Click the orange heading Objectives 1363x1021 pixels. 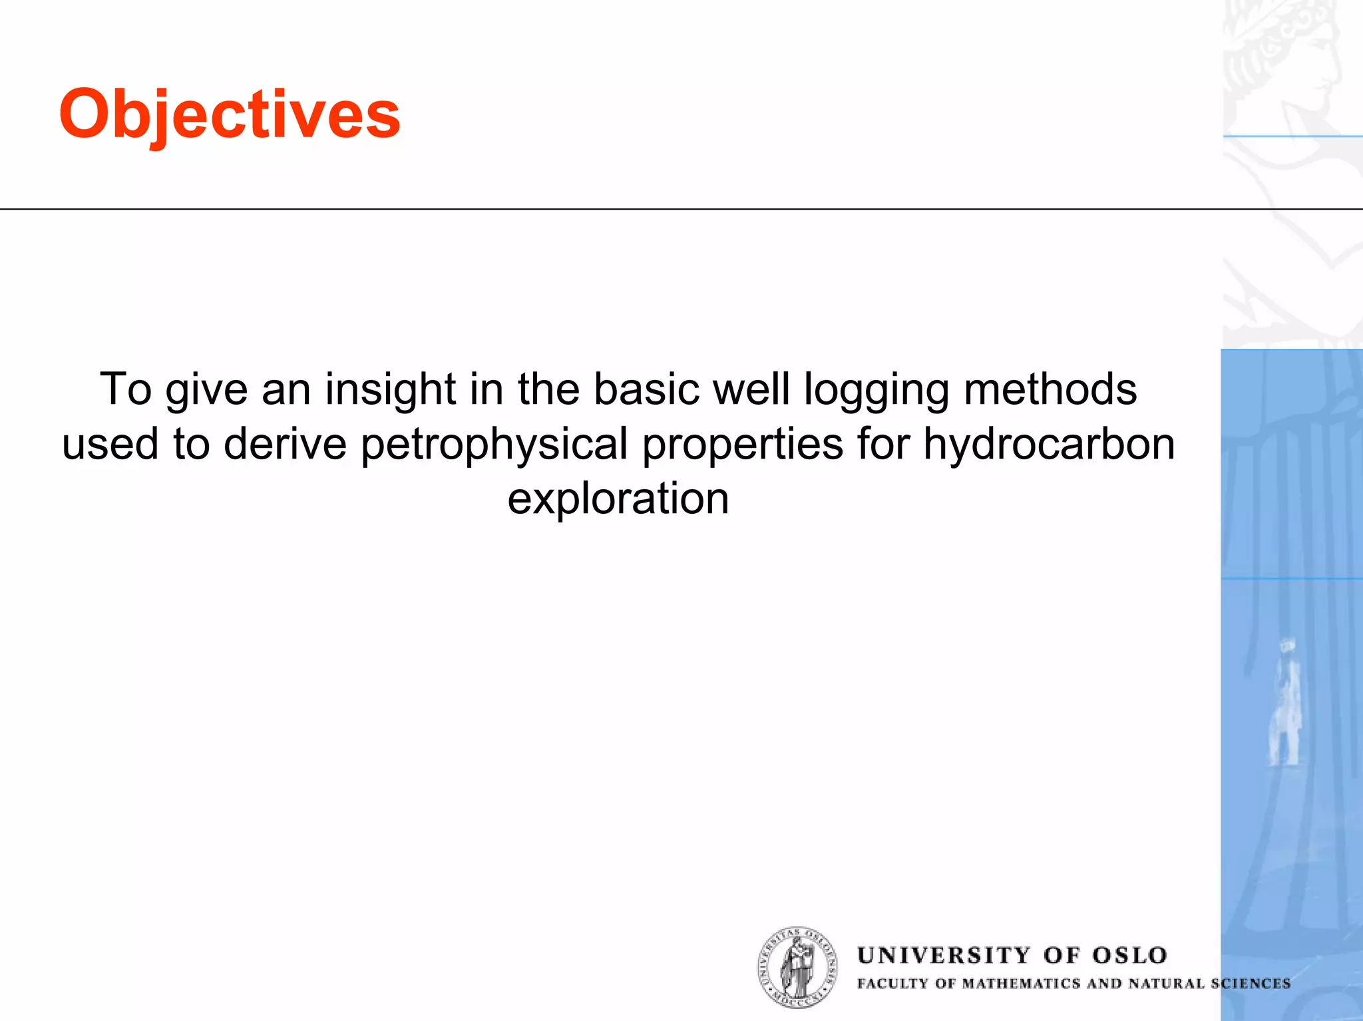tap(230, 114)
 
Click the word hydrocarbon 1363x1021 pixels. tap(1049, 445)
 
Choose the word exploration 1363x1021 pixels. tap(618, 499)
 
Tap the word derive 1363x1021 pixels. tap(285, 445)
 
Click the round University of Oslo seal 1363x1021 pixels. tap(797, 966)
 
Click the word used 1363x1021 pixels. tap(110, 445)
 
